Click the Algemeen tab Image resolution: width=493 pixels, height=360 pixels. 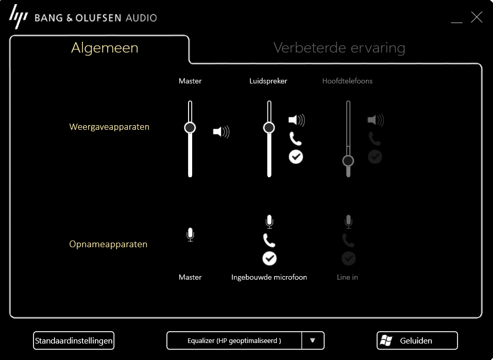105,48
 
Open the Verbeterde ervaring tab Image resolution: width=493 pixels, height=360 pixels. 339,48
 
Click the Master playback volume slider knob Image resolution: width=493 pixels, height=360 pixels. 190,128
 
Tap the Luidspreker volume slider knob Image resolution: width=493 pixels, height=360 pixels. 269,128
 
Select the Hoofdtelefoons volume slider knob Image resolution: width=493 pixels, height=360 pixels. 348,161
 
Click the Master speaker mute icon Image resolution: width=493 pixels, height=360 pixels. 222,132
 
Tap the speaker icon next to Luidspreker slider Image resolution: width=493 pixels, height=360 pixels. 297,120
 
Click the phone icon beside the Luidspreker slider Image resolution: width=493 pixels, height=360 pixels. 296,139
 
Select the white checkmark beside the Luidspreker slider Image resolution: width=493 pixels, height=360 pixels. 296,157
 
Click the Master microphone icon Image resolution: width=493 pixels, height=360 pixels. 190,234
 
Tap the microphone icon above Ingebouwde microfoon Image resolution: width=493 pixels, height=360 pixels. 269,221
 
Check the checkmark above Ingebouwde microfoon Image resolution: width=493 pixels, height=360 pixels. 269,259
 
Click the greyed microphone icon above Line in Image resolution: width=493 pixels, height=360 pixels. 348,221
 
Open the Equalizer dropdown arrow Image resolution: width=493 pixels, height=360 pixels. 313,340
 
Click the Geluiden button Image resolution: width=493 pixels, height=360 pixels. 417,340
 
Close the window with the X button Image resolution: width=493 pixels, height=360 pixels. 477,18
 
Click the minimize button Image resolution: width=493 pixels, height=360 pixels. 456,22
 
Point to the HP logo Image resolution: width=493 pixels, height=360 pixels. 18,16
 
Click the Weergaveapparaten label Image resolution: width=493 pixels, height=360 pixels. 109,127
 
